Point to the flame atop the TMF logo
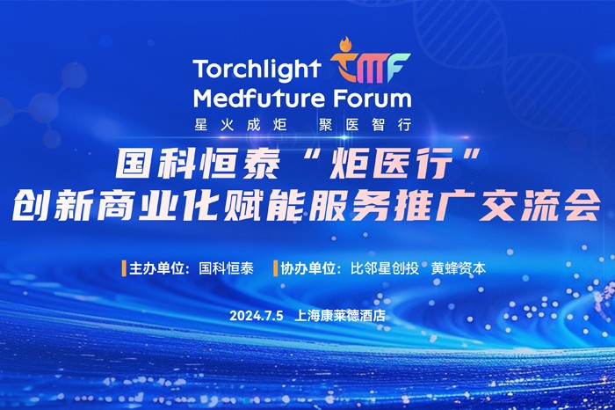coord(344,43)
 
